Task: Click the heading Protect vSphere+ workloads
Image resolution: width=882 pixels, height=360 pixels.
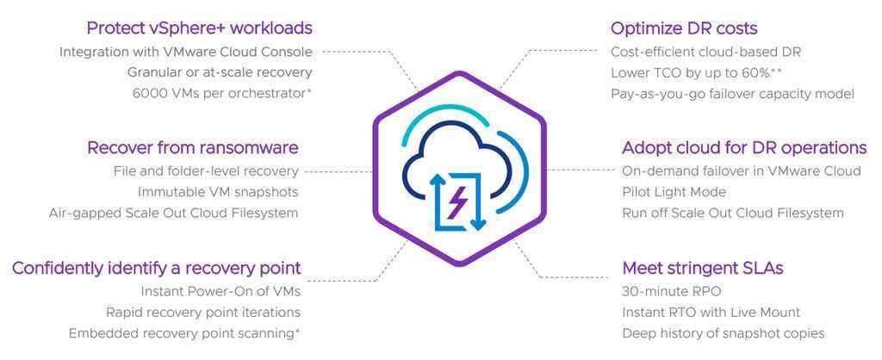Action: click(199, 28)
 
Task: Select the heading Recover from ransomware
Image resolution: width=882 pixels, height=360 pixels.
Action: click(193, 147)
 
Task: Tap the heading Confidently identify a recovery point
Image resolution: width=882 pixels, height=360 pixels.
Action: click(156, 268)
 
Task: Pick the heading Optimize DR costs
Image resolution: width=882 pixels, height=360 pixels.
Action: click(684, 28)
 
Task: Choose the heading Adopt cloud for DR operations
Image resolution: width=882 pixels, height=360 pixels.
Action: click(744, 147)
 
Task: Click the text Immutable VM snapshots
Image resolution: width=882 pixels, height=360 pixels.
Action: click(218, 192)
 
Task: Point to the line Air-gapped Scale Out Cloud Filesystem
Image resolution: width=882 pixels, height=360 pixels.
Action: click(173, 213)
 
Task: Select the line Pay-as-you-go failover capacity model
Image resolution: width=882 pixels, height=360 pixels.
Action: click(732, 93)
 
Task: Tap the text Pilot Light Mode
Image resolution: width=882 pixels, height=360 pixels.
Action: click(674, 192)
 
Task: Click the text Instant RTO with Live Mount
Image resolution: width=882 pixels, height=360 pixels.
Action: click(711, 312)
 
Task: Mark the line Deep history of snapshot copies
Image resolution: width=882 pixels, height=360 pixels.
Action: click(723, 332)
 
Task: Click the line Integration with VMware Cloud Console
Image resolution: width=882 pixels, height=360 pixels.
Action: click(186, 52)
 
